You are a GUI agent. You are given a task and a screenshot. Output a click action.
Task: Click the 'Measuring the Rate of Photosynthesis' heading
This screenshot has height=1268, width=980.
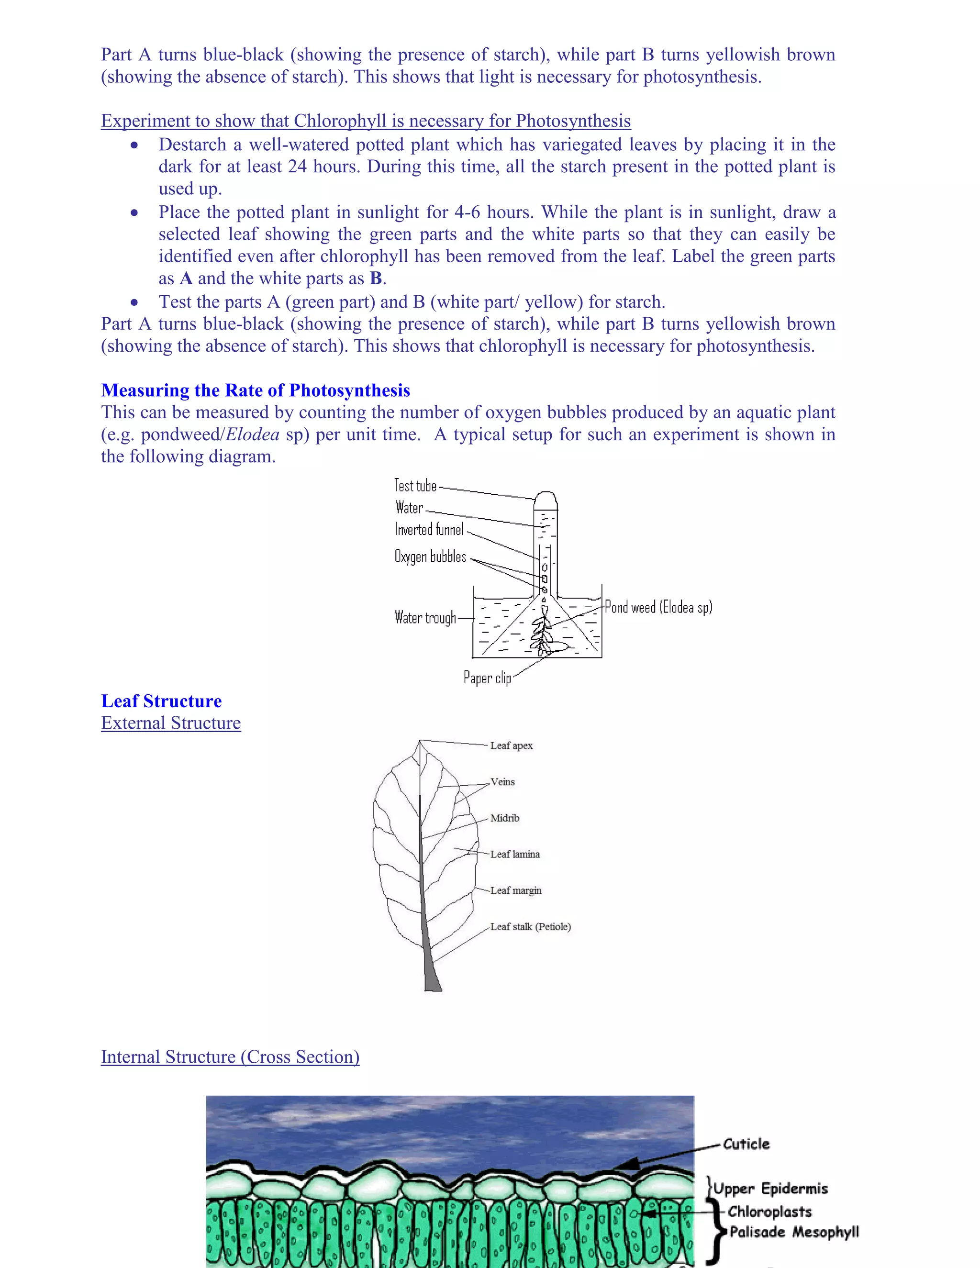coord(256,390)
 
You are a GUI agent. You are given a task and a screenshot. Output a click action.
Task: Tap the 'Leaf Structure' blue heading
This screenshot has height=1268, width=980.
coord(161,701)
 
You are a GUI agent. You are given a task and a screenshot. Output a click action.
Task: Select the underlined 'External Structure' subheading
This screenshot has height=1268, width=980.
coord(171,723)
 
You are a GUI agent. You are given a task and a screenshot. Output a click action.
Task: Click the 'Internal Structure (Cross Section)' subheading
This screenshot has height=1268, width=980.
coord(230,1057)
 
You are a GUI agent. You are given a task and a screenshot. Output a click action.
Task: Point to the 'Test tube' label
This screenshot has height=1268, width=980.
coord(415,485)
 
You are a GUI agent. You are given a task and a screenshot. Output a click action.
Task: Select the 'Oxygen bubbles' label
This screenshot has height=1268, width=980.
coord(430,556)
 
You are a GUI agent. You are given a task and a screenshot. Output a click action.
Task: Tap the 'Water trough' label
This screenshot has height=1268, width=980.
coord(425,617)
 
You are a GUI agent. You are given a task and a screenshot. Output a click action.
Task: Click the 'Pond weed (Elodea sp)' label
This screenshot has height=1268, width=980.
coord(658,607)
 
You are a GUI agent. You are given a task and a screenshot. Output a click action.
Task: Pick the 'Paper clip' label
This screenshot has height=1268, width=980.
coord(487,678)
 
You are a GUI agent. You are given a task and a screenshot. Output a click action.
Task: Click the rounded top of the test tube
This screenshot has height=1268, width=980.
coord(545,499)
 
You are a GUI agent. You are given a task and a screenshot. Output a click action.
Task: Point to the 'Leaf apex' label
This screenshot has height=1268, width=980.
coord(511,745)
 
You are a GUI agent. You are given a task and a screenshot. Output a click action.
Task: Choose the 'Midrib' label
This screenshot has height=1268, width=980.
coord(504,818)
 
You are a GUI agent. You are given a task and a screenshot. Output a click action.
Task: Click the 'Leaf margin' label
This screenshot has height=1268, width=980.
coord(515,890)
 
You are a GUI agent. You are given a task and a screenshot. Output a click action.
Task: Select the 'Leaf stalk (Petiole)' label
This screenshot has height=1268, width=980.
coord(530,927)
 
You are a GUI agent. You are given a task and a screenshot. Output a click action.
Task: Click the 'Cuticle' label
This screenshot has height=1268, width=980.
coord(746,1144)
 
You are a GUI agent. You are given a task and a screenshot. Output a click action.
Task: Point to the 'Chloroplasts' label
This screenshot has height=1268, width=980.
coord(769,1212)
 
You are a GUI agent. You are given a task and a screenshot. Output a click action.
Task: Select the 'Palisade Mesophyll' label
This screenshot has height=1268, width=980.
coord(794,1232)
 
